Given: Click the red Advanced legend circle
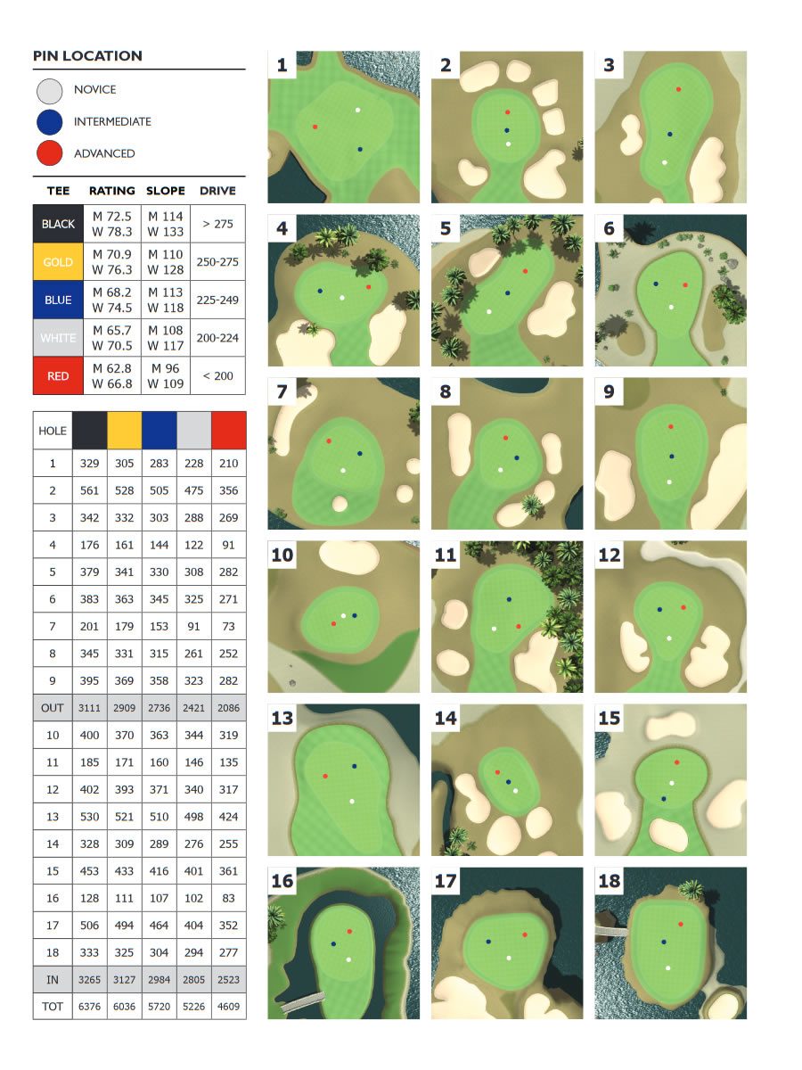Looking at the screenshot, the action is [x=49, y=153].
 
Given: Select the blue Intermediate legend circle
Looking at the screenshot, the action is [x=49, y=121].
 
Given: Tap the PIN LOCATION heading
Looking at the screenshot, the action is [x=87, y=55].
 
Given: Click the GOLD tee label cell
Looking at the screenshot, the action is [x=58, y=262].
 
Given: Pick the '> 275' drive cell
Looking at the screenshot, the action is [x=217, y=224].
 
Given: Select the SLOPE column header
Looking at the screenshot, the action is [x=166, y=191].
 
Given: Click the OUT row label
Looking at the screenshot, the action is [x=52, y=708].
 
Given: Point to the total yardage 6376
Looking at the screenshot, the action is [x=90, y=1006].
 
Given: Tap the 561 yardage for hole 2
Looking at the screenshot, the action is [x=90, y=490].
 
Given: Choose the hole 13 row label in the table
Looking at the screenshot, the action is [x=52, y=817].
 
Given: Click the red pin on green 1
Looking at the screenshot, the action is [x=315, y=127].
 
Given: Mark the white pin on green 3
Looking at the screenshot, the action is [x=665, y=162].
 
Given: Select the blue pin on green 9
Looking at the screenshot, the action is [x=672, y=457].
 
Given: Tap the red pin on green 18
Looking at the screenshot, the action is [x=681, y=925].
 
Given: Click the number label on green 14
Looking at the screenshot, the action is [x=446, y=718].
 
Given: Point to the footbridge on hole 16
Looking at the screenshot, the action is [x=302, y=1000].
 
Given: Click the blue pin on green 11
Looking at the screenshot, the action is [x=510, y=599].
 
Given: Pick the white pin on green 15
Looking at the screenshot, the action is [x=672, y=783].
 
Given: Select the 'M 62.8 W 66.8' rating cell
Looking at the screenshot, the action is [x=112, y=376].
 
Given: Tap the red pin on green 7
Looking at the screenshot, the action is [x=329, y=441].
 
